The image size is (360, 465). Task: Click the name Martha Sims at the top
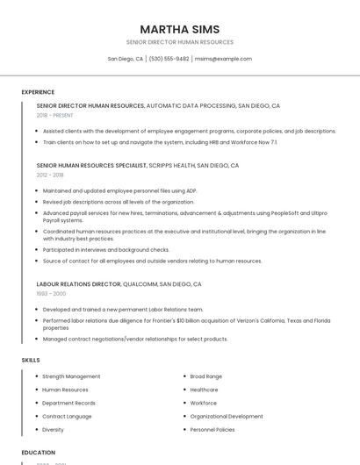[x=179, y=29]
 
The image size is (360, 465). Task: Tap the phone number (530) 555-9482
[x=169, y=59]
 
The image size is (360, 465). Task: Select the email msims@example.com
[x=223, y=59]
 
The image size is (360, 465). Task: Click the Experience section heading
[x=38, y=92]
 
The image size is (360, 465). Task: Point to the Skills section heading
[x=31, y=360]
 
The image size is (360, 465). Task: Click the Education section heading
[x=39, y=453]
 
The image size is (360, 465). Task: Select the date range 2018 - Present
[x=55, y=115]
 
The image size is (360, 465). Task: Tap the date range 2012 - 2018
[x=50, y=175]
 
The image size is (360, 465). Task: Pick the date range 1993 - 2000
[x=51, y=294]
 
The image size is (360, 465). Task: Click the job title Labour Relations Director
[x=78, y=284]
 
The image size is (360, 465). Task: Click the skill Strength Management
[x=71, y=376]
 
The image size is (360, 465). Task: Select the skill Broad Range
[x=205, y=376]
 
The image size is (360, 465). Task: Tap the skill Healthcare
[x=204, y=390]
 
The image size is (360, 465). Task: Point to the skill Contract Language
[x=67, y=417]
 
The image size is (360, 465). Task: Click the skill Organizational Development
[x=226, y=417]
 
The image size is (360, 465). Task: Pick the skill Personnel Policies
[x=212, y=430]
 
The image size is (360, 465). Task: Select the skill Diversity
[x=53, y=430]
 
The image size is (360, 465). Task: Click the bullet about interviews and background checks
[x=105, y=249]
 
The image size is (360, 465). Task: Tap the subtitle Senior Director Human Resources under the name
[x=179, y=42]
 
